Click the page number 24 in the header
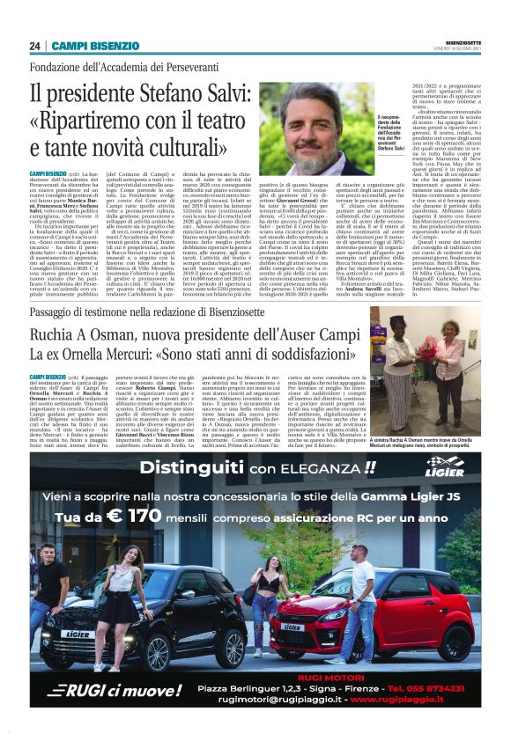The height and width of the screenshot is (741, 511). [34, 46]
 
